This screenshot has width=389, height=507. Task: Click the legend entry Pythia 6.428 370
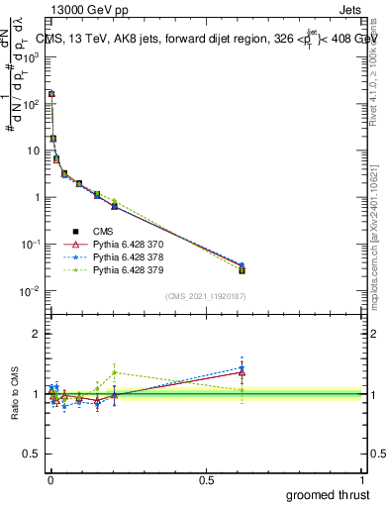pos(127,244)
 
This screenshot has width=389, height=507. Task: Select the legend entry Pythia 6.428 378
pos(127,255)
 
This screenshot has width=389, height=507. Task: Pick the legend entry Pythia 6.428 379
pos(127,268)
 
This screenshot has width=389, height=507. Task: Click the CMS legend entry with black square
pos(104,231)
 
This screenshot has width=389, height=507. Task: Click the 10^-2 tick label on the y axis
pos(30,290)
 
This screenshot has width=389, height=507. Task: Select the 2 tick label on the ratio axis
pos(36,334)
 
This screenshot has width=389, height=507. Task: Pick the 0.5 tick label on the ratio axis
pos(32,455)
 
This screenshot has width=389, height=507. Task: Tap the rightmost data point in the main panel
pos(242,268)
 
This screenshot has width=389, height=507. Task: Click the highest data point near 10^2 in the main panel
pos(51,94)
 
